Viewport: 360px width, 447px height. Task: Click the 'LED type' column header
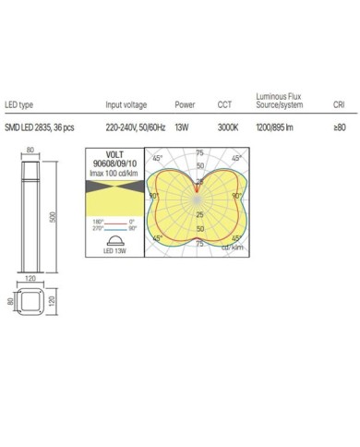pos(20,106)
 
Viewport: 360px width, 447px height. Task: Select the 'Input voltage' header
pos(126,106)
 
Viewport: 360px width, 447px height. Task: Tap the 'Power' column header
pos(185,106)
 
